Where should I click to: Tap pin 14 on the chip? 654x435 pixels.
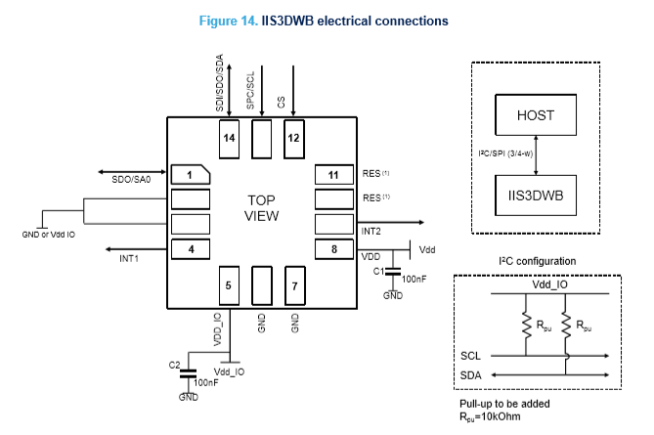coord(229,139)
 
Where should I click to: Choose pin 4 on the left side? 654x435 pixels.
coord(192,248)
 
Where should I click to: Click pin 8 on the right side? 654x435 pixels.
coord(333,248)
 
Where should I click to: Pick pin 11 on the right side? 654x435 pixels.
coord(333,175)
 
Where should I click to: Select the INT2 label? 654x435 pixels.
coord(371,232)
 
